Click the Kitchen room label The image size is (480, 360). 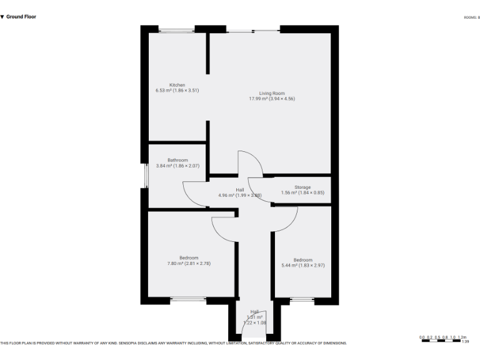click(x=177, y=85)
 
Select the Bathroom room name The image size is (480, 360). click(x=177, y=160)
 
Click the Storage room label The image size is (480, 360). click(x=302, y=187)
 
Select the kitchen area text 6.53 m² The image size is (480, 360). click(x=164, y=91)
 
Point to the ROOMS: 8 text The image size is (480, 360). click(x=471, y=17)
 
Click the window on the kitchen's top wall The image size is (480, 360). click(x=177, y=29)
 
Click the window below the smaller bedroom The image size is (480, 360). click(x=302, y=300)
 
